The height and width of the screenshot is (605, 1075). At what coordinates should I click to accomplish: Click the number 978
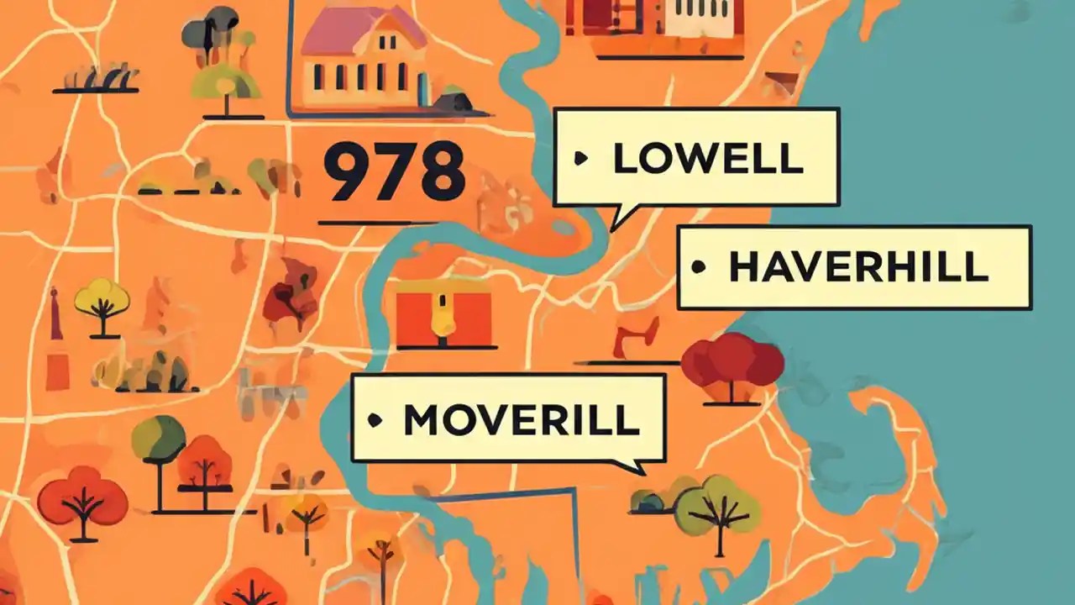(394, 171)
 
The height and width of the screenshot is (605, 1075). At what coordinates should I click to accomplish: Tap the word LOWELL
(707, 158)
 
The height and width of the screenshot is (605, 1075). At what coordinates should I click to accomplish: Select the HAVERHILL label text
(857, 267)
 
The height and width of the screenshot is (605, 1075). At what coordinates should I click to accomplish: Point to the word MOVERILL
(521, 419)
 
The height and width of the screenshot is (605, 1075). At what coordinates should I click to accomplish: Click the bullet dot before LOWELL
(579, 158)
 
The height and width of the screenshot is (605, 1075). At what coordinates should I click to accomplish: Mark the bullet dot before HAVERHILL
(696, 268)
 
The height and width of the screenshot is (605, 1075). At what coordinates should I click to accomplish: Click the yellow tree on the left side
(102, 300)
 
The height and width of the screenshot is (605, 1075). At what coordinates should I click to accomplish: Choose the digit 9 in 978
(345, 171)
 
